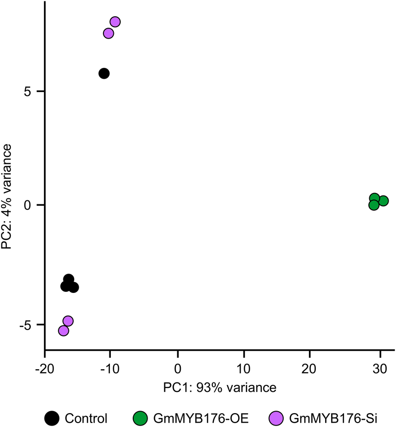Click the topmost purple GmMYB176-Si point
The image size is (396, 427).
coord(115,22)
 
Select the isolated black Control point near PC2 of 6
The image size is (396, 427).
coord(104,73)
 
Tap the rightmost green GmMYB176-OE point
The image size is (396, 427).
coord(383,201)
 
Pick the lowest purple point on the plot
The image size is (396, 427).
coord(63,331)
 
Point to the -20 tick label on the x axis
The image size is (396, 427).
coord(45,368)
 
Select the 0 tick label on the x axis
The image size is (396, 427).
coord(178,368)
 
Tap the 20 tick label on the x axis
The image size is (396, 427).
coord(309,368)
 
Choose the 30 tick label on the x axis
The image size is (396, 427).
coord(380,368)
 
